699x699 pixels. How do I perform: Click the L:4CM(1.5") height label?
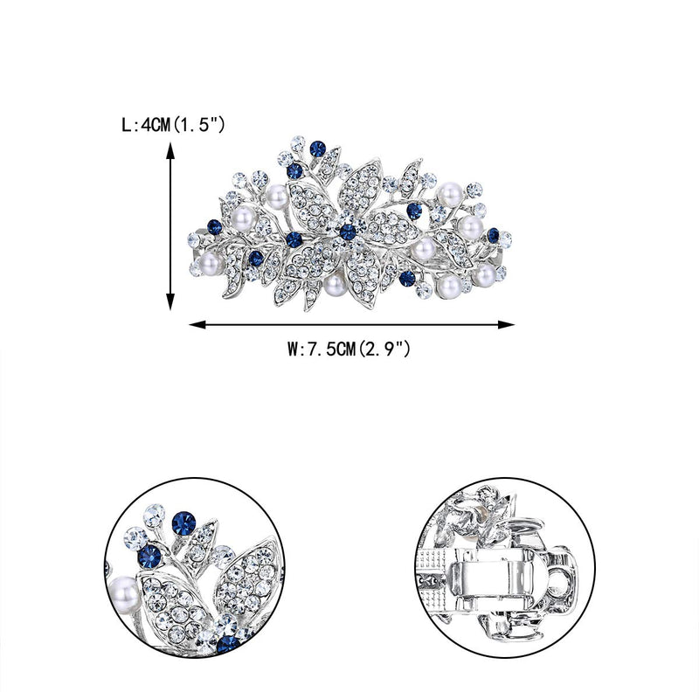(173, 125)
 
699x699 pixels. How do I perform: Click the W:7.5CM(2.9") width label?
(349, 349)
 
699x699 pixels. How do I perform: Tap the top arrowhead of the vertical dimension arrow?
(170, 149)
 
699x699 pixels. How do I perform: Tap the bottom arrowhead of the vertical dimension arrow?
(170, 301)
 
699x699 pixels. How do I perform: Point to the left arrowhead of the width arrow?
(197, 324)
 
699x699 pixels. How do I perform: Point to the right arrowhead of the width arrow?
(507, 324)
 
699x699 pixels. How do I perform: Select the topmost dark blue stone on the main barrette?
(317, 149)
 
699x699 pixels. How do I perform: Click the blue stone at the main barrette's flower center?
(348, 232)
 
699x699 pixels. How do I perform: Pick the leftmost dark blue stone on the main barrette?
(214, 227)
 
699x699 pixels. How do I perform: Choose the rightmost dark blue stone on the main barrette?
(493, 235)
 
